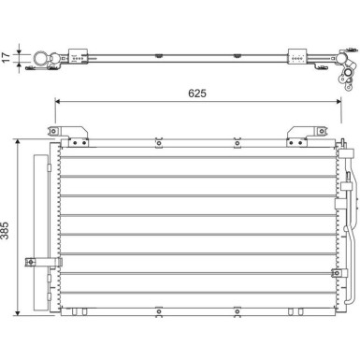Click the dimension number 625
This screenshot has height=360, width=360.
[x=197, y=94]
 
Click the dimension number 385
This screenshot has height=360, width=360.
[x=6, y=231]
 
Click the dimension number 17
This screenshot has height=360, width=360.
[x=7, y=57]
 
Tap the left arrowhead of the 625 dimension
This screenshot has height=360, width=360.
[x=57, y=101]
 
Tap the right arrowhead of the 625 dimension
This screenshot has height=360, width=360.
[x=339, y=101]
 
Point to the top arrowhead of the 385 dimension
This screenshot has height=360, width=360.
[x=18, y=141]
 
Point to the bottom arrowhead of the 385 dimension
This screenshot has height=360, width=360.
[x=18, y=312]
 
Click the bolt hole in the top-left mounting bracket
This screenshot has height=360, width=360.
[x=53, y=130]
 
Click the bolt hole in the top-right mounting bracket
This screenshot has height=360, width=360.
[x=321, y=131]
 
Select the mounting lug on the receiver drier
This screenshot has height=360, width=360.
[x=30, y=262]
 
